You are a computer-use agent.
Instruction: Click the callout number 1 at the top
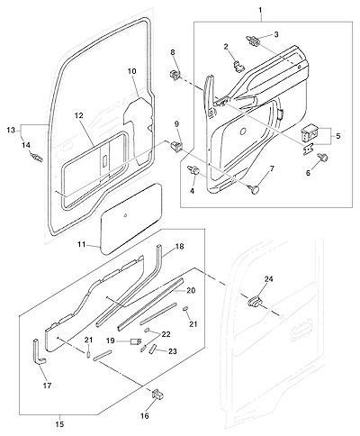[260, 10]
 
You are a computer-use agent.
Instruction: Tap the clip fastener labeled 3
[254, 41]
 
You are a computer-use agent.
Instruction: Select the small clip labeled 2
[238, 66]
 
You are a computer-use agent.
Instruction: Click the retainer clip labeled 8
[174, 75]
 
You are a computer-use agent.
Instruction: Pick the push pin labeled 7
[255, 189]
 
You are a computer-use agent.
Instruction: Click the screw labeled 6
[324, 158]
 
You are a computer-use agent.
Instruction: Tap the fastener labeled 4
[193, 171]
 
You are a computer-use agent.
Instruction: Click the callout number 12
[79, 115]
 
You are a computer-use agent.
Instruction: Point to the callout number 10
[132, 71]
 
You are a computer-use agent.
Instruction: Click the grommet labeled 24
[255, 300]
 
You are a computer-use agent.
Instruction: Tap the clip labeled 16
[157, 394]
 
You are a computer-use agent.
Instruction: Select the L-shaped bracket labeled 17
[38, 351]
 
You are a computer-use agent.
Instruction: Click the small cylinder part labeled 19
[137, 341]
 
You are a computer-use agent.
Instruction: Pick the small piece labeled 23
[153, 350]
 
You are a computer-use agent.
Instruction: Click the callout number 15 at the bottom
[60, 424]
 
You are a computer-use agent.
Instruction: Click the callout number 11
[82, 245]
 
